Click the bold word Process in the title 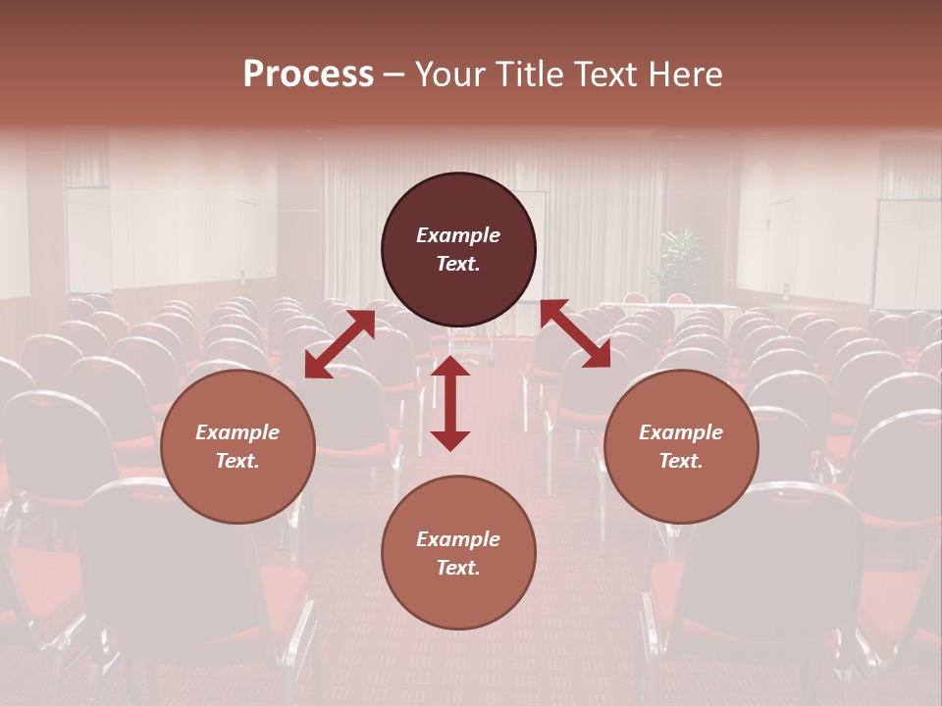308,75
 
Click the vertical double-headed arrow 450,403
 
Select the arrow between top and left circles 340,343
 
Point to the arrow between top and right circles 575,333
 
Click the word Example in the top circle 458,235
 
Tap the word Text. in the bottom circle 458,568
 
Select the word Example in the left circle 237,432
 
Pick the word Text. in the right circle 681,461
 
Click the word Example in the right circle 681,432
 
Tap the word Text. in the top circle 458,264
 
